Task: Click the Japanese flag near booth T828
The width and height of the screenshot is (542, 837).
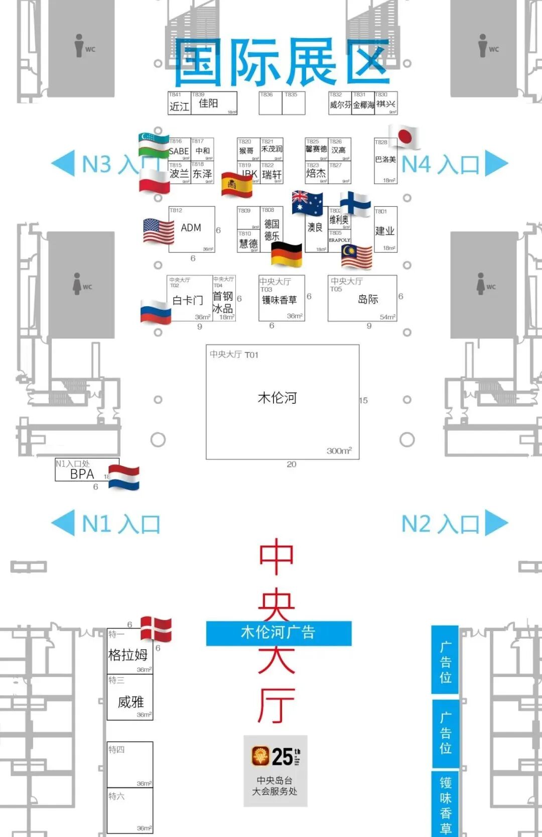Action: click(x=404, y=137)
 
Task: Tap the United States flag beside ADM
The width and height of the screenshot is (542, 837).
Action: click(x=158, y=231)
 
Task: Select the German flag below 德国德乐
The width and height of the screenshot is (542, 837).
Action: click(x=287, y=254)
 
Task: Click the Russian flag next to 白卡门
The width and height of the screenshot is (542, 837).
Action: click(x=156, y=311)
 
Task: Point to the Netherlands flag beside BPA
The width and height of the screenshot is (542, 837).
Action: click(x=124, y=477)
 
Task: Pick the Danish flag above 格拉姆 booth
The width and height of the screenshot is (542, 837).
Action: click(x=156, y=629)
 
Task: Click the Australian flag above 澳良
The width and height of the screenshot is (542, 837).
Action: click(x=307, y=203)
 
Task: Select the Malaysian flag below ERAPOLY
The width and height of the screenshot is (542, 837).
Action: click(x=356, y=257)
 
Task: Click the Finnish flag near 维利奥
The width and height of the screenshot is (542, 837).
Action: click(x=355, y=203)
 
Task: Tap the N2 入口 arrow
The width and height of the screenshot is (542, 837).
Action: click(x=496, y=523)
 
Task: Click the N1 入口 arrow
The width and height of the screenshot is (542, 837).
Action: click(x=63, y=523)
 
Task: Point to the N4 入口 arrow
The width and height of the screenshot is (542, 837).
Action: click(x=496, y=164)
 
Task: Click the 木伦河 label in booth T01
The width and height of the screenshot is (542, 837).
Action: click(x=277, y=398)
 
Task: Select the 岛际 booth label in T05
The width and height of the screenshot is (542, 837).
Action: click(x=368, y=299)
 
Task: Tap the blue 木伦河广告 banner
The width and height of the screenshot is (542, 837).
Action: click(x=279, y=633)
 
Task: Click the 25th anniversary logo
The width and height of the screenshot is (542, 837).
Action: click(x=276, y=756)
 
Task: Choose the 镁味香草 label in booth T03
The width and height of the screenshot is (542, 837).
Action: click(x=279, y=300)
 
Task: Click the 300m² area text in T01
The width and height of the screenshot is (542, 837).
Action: click(x=339, y=451)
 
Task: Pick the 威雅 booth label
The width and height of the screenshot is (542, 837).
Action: click(x=130, y=701)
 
